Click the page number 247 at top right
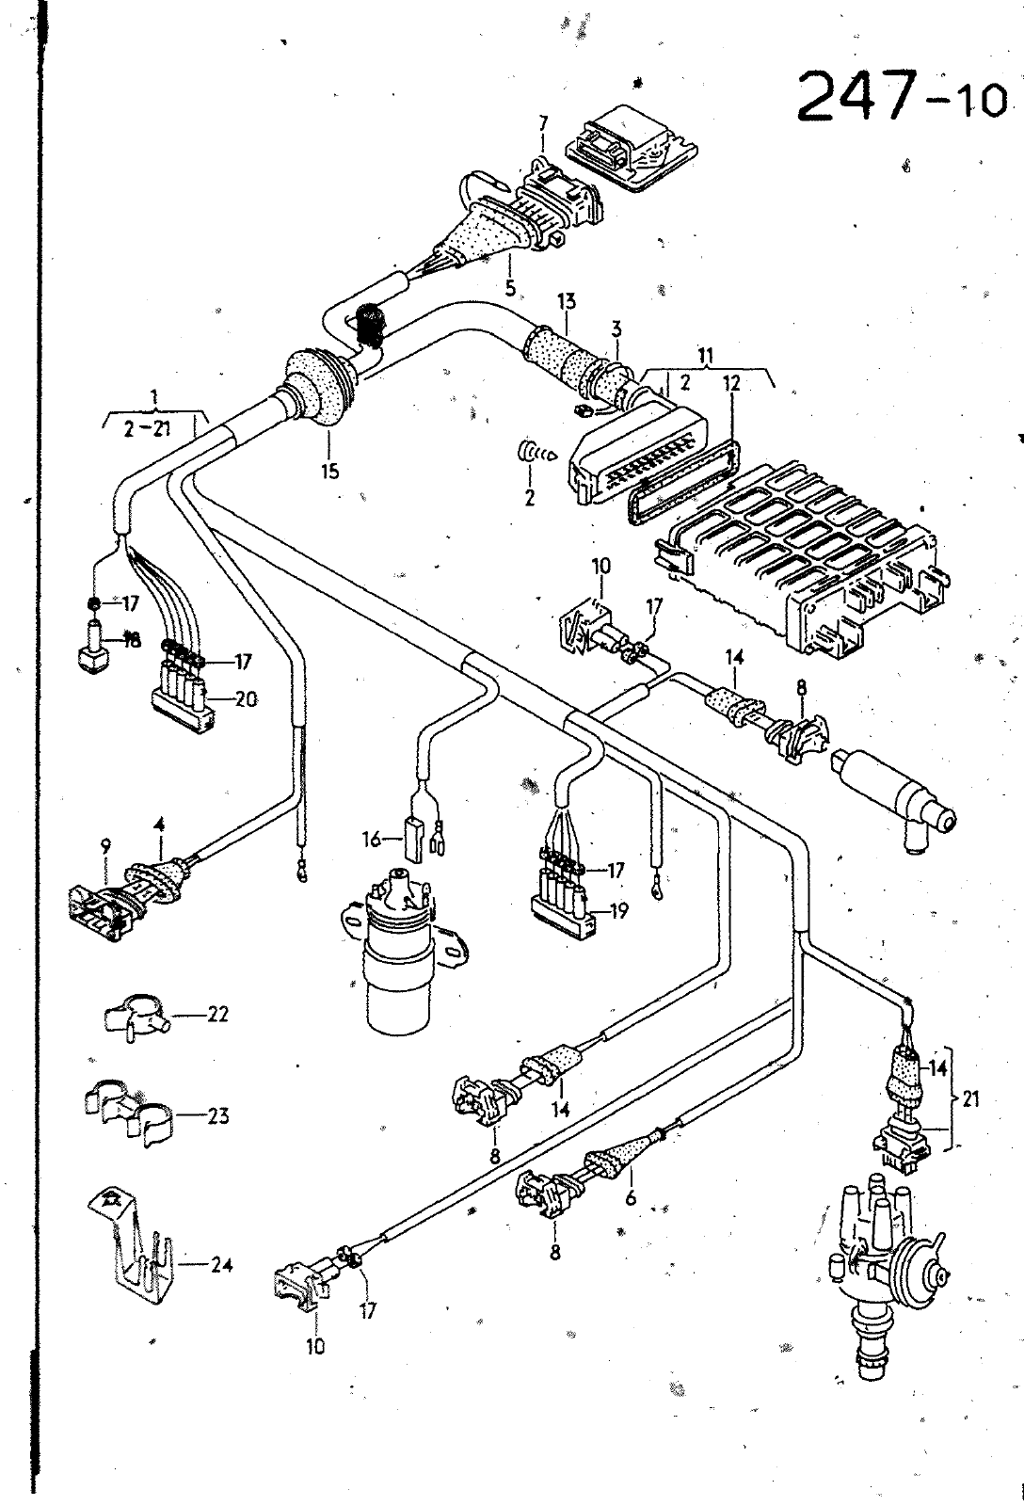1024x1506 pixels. (858, 96)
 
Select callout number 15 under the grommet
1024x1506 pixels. (329, 472)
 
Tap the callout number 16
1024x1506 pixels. (371, 839)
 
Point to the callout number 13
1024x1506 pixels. (567, 301)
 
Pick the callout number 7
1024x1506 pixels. (543, 125)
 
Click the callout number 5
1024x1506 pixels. (510, 288)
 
